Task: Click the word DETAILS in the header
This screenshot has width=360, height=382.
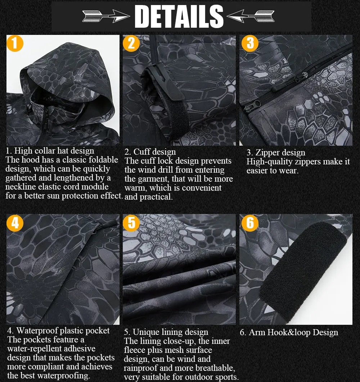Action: (x=179, y=16)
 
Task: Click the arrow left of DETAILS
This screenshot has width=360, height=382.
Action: (x=106, y=16)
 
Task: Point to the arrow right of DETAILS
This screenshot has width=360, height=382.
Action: (x=251, y=16)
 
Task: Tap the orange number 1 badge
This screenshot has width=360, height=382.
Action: (x=15, y=44)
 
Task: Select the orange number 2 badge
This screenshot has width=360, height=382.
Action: (x=131, y=44)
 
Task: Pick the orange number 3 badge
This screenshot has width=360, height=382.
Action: (x=250, y=44)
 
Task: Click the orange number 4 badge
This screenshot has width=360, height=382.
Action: (x=15, y=223)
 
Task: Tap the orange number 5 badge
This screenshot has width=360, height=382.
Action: (x=131, y=223)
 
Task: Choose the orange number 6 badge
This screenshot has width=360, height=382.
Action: (x=250, y=223)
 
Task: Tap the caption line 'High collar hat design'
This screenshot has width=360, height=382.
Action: (x=50, y=151)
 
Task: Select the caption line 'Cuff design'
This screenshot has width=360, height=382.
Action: (x=150, y=152)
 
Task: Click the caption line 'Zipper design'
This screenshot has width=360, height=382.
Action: (x=276, y=153)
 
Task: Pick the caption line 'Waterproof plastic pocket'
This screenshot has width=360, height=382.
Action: (x=59, y=331)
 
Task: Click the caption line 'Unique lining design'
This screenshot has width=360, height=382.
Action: (x=166, y=332)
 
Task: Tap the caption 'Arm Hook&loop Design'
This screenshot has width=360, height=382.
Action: (x=289, y=332)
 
